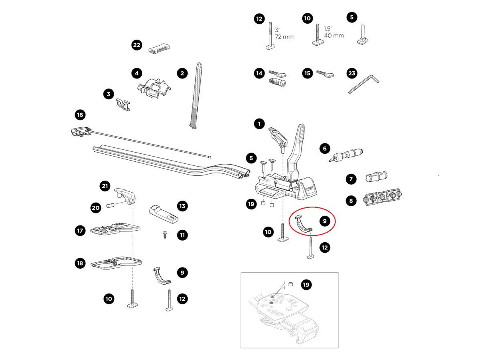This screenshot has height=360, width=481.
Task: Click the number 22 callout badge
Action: [137, 45]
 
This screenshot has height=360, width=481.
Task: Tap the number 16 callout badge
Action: [80, 115]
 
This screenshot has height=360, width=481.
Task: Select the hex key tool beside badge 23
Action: [363, 85]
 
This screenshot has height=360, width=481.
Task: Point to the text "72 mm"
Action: [284, 37]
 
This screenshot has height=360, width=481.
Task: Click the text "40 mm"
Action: [334, 36]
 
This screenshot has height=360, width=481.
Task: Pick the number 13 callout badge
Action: [182, 206]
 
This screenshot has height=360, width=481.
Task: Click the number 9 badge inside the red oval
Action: [325, 221]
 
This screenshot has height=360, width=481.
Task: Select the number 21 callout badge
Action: [105, 186]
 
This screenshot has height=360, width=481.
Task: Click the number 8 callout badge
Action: [351, 201]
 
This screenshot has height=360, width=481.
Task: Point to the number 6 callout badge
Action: [325, 149]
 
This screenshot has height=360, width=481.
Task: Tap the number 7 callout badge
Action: [351, 179]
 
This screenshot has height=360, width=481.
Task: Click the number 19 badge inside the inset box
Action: [306, 285]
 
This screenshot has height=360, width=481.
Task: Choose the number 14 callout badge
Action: [259, 73]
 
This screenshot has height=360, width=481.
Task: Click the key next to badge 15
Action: [325, 74]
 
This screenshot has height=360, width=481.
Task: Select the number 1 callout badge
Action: [259, 124]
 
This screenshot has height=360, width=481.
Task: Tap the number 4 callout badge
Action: [137, 73]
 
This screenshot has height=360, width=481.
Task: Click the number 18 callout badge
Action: [80, 263]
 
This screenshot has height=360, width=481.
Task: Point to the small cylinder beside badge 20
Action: [110, 206]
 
